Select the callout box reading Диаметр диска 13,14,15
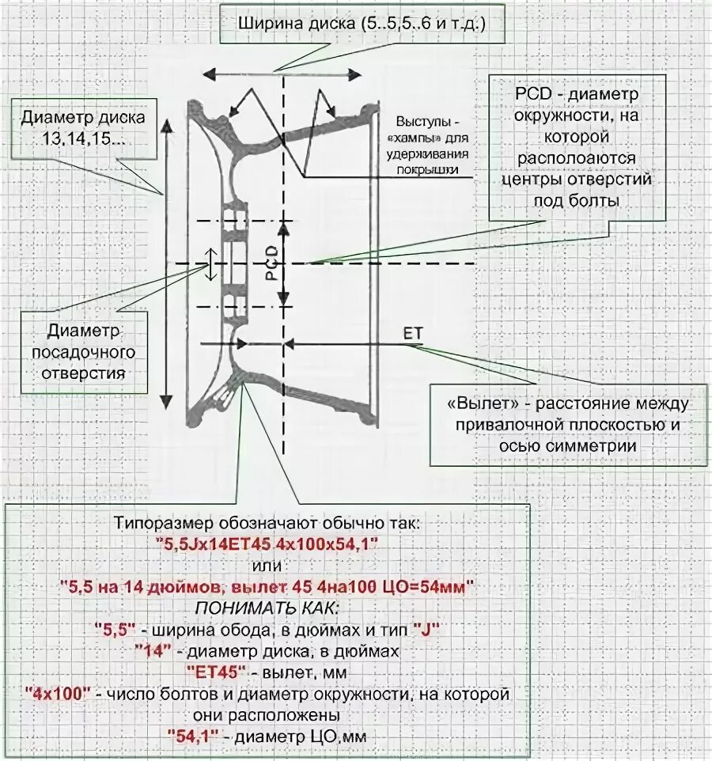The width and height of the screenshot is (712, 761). pyautogui.click(x=83, y=128)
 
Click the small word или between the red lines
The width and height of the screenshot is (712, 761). pyautogui.click(x=267, y=566)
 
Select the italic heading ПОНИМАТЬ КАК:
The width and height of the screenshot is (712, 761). pyautogui.click(x=265, y=608)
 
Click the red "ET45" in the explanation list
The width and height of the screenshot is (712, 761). pyautogui.click(x=214, y=672)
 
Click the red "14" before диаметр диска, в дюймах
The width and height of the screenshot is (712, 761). pyautogui.click(x=149, y=651)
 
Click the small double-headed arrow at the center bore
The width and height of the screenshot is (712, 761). pyautogui.click(x=211, y=263)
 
